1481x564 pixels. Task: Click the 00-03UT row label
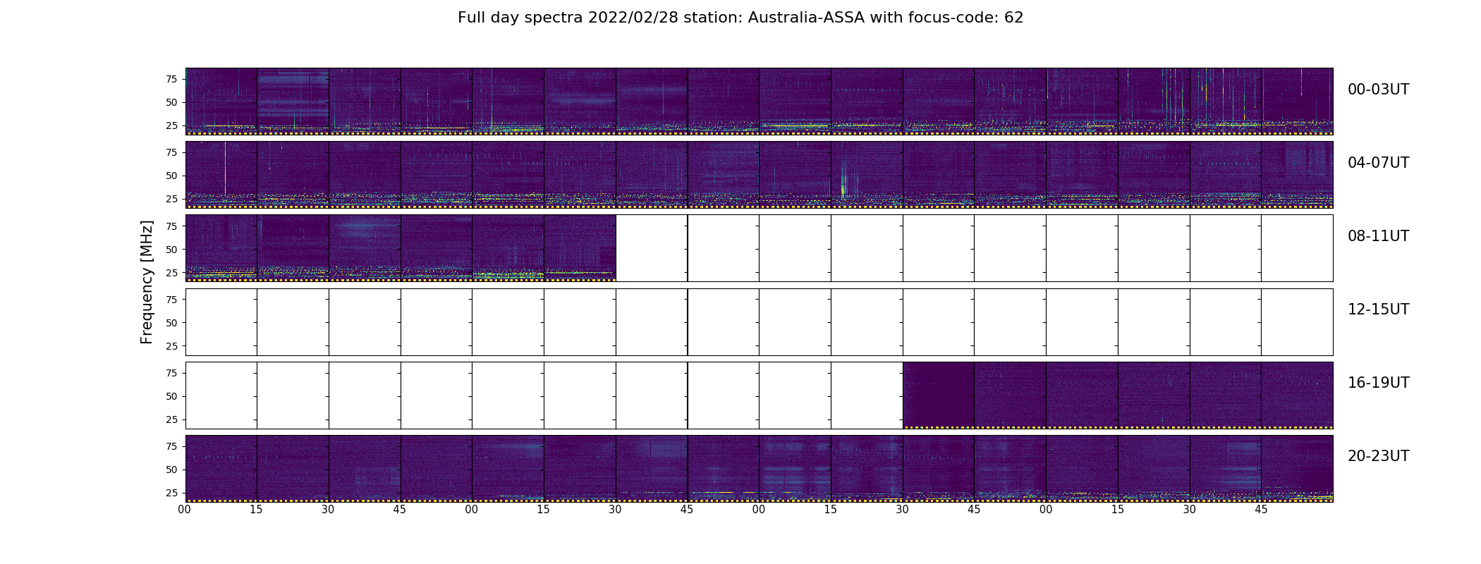click(x=1378, y=90)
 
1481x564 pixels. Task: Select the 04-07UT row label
click(x=1378, y=163)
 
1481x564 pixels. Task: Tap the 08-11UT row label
click(x=1378, y=236)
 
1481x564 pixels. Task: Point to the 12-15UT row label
click(x=1378, y=309)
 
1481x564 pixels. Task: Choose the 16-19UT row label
click(x=1378, y=383)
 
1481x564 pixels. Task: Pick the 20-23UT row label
click(x=1378, y=456)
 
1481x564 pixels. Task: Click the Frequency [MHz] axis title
click(x=147, y=282)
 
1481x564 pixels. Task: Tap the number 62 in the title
click(x=1014, y=18)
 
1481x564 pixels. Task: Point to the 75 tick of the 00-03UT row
click(x=171, y=79)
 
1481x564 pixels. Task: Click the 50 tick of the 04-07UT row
click(x=171, y=176)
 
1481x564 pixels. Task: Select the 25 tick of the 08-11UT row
click(x=171, y=272)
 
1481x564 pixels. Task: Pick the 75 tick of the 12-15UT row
click(x=171, y=300)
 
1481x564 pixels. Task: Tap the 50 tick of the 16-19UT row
click(x=171, y=396)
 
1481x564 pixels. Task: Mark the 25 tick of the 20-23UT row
click(x=171, y=493)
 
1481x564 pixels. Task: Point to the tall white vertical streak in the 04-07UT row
click(x=225, y=167)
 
